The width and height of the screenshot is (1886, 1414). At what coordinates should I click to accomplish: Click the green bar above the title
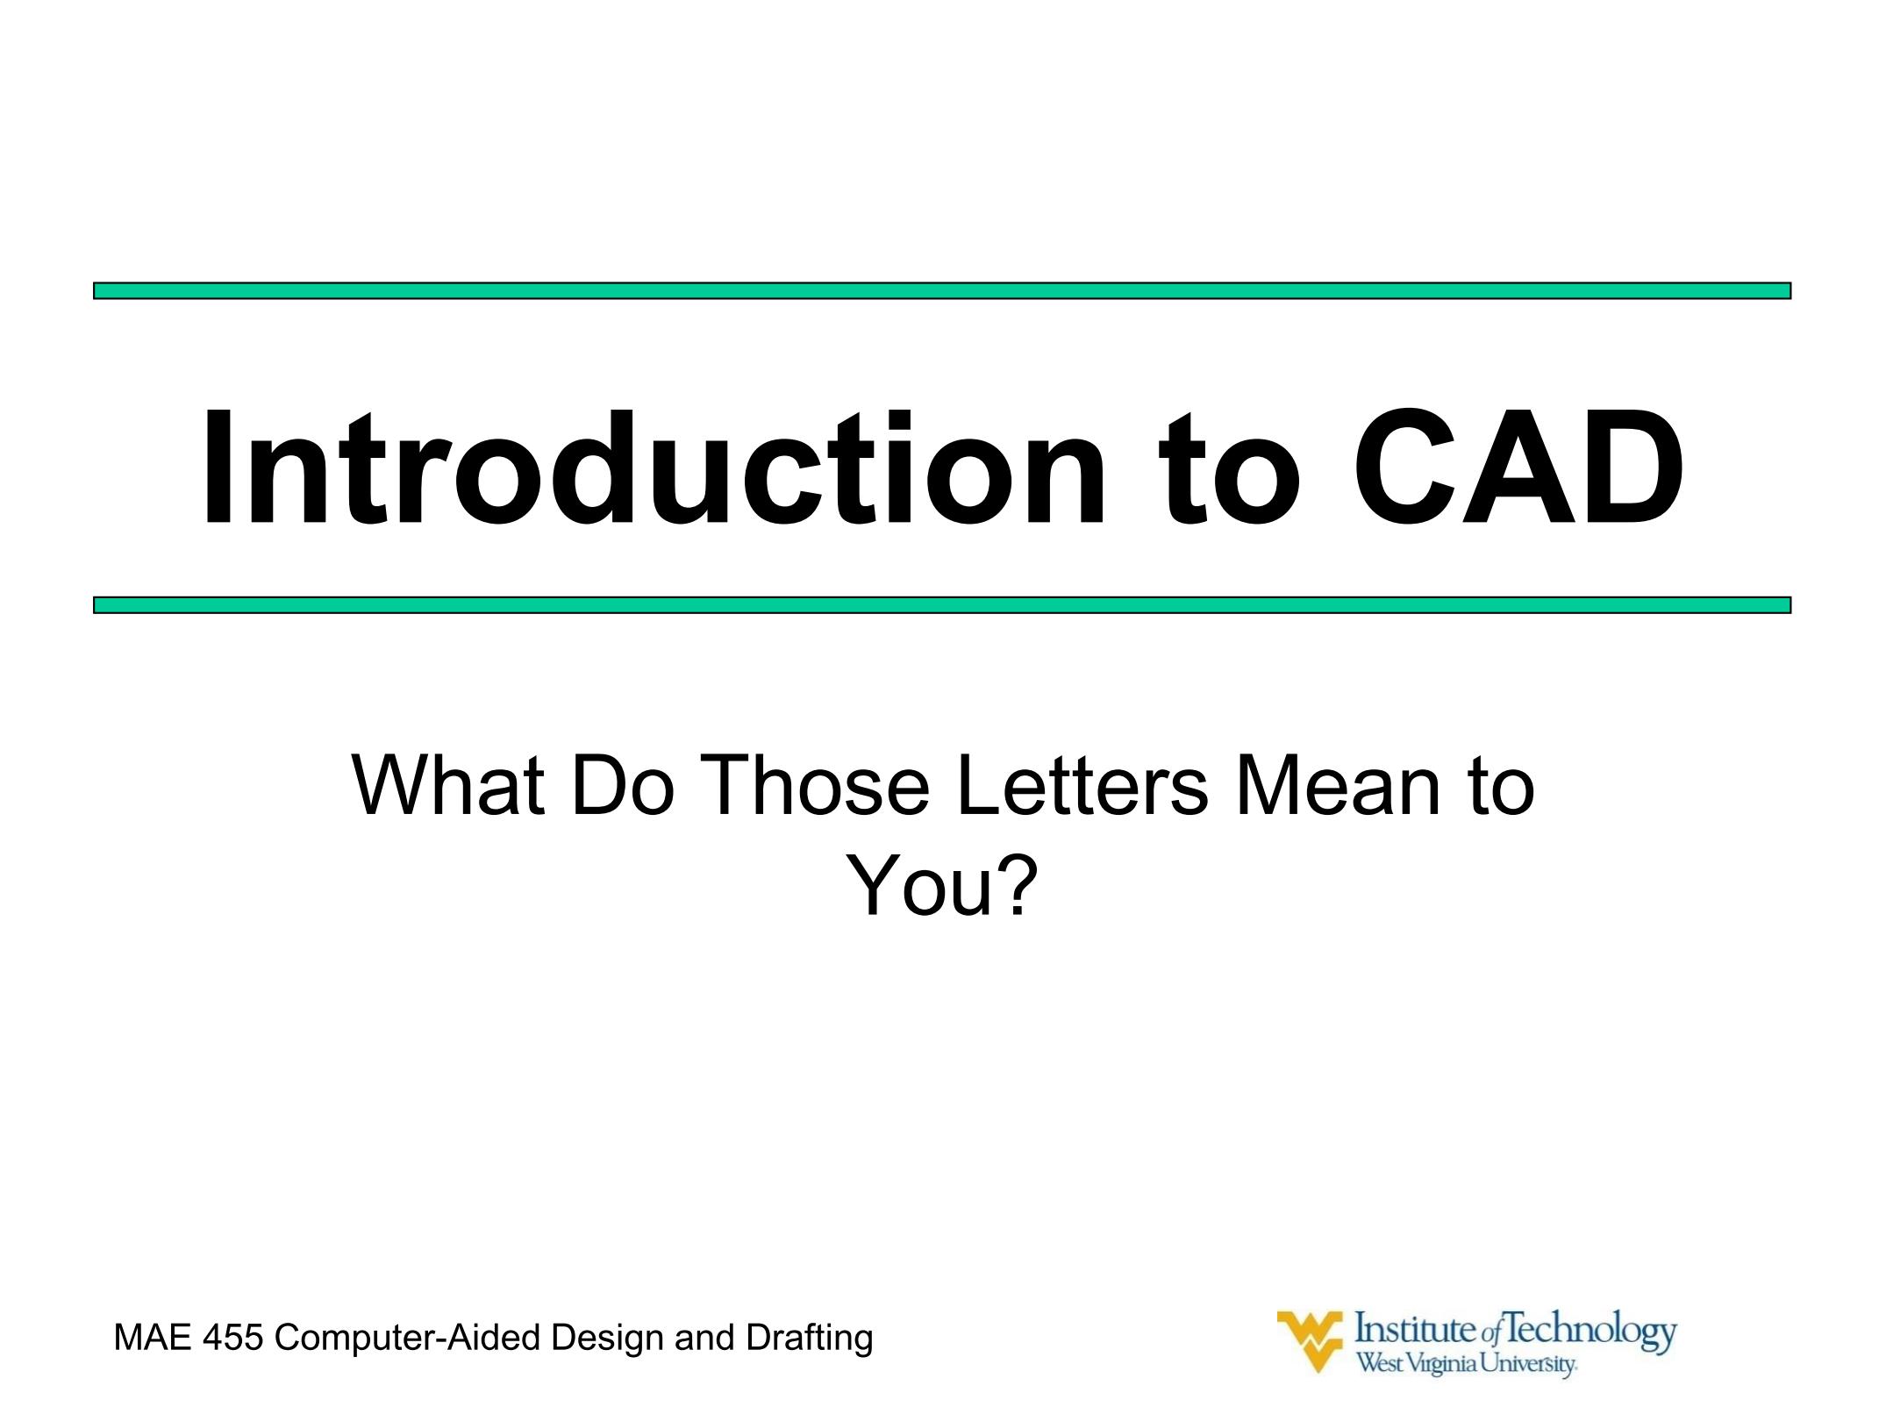pyautogui.click(x=942, y=290)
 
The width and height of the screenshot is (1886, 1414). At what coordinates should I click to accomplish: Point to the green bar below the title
pyautogui.click(x=942, y=605)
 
